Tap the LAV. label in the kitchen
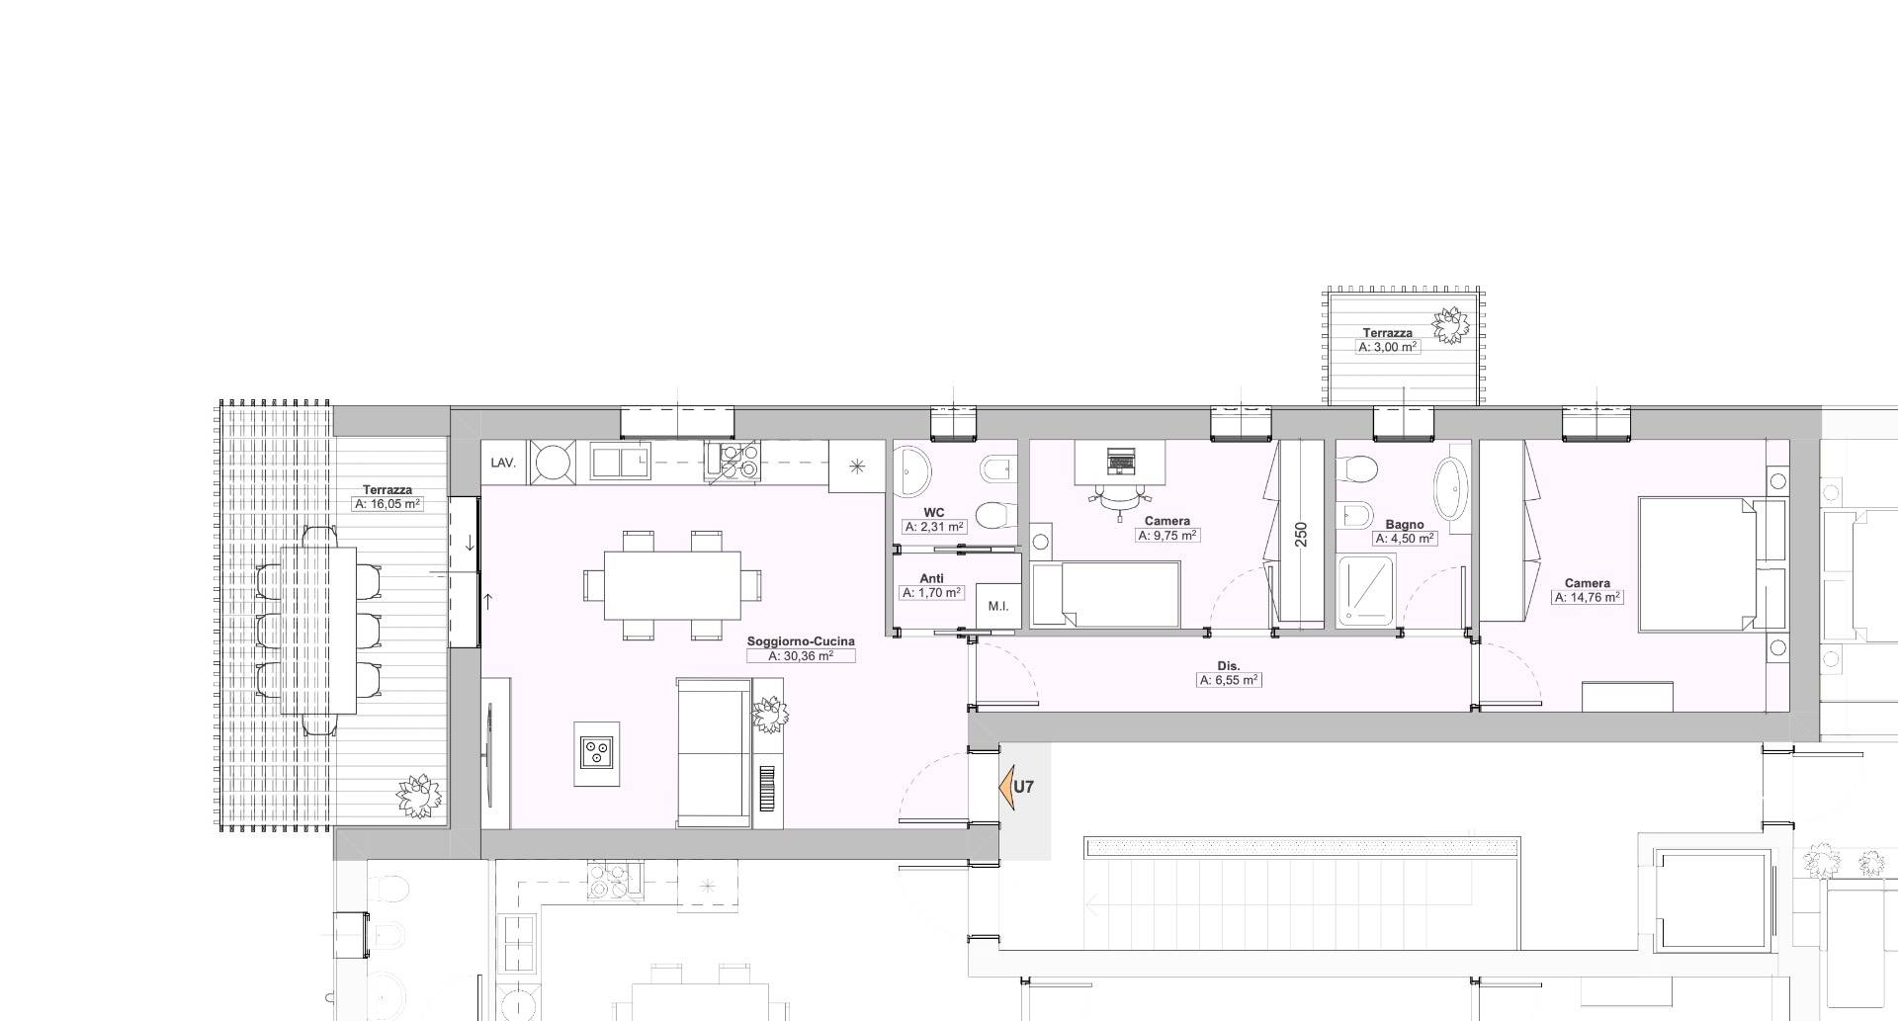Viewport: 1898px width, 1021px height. [x=502, y=463]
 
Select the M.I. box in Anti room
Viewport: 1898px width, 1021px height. [x=997, y=605]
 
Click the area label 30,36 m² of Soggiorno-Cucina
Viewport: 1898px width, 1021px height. [x=801, y=656]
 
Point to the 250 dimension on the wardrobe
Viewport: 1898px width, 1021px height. [x=1301, y=535]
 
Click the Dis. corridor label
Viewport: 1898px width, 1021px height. [x=1229, y=666]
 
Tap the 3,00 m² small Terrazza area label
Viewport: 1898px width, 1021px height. [x=1388, y=348]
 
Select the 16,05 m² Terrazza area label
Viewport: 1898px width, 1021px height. [x=388, y=504]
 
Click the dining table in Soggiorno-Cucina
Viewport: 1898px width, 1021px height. [x=672, y=585]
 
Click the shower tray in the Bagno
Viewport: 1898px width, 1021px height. [x=1366, y=591]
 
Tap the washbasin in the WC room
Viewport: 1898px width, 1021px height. [x=911, y=471]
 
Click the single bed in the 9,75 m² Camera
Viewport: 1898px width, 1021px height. [x=1106, y=594]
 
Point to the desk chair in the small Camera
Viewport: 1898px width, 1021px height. [x=1119, y=503]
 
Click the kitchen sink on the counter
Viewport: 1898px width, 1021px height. [x=620, y=461]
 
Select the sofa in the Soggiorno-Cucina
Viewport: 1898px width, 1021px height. [x=715, y=752]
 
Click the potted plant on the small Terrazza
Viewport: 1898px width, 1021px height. [x=1451, y=325]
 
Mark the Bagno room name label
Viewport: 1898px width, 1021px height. [x=1404, y=525]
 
